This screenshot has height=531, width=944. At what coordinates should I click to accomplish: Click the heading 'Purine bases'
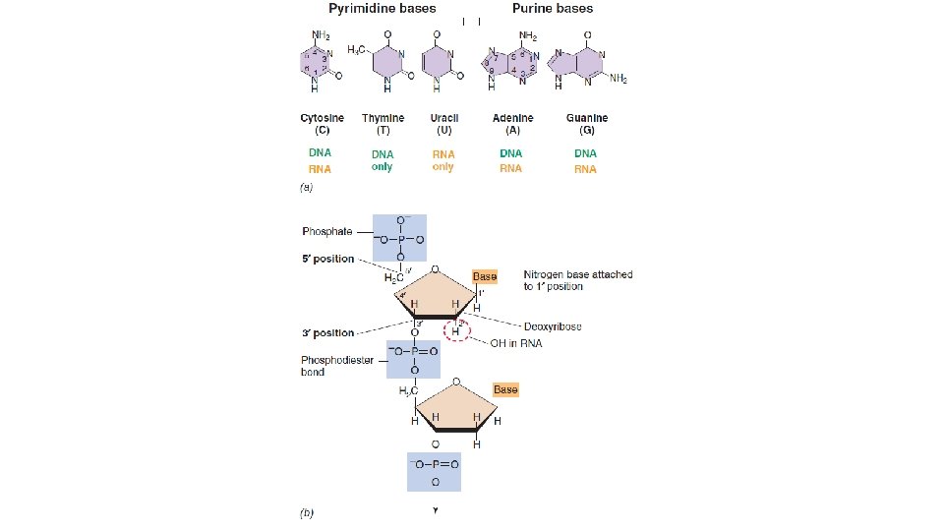[x=553, y=9]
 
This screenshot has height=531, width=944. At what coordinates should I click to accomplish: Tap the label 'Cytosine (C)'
[x=322, y=124]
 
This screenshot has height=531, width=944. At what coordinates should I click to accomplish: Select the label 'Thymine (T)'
[x=383, y=124]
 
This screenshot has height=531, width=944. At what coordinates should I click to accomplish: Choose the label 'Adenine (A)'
[x=512, y=124]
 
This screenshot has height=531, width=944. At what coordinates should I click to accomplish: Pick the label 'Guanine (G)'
[x=587, y=124]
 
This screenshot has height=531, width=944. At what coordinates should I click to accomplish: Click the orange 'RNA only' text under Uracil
[x=443, y=160]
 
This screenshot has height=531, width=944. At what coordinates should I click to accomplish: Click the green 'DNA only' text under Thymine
[x=383, y=160]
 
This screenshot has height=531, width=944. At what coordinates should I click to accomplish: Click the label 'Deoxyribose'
[x=553, y=326]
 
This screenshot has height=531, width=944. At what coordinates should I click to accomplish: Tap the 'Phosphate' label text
[x=325, y=232]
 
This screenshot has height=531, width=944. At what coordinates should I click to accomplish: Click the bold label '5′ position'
[x=328, y=260]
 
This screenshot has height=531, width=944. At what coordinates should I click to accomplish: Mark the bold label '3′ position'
[x=328, y=332]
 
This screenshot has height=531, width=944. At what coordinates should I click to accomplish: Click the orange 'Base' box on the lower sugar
[x=505, y=389]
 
